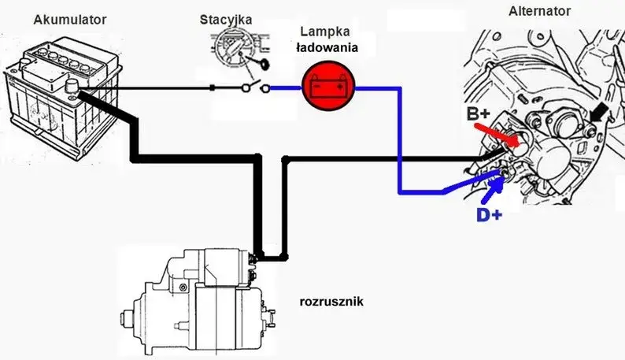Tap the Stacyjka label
pyautogui.click(x=226, y=19)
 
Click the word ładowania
pyautogui.click(x=326, y=47)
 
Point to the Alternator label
pyautogui.click(x=540, y=11)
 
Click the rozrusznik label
pyautogui.click(x=331, y=301)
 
